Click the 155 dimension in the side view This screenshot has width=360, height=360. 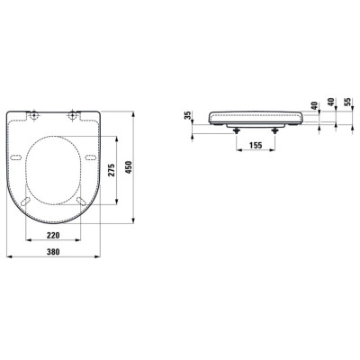[256, 145]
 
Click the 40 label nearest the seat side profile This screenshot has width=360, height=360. [313, 106]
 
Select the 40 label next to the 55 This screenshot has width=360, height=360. [331, 106]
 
